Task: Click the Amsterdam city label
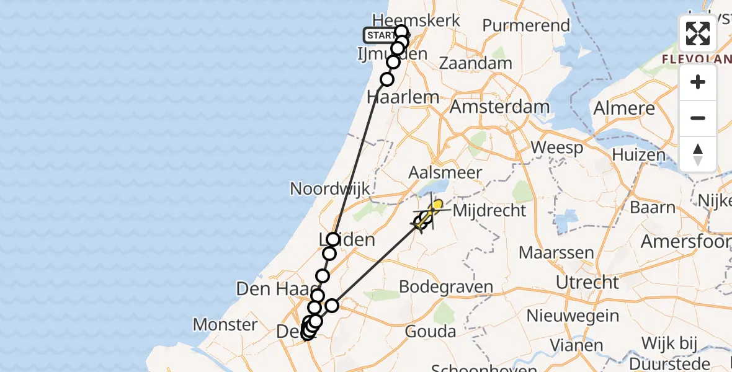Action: click(x=499, y=107)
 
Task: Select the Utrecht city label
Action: click(x=587, y=283)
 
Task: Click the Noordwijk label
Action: click(x=330, y=189)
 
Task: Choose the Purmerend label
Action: click(x=525, y=26)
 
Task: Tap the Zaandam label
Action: click(x=475, y=63)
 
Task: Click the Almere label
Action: click(x=623, y=108)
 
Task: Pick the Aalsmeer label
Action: click(x=445, y=173)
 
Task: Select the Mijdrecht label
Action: click(x=489, y=211)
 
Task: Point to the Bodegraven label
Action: click(x=446, y=287)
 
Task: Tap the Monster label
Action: click(x=225, y=324)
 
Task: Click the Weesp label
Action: click(x=557, y=148)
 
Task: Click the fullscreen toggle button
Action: click(x=698, y=33)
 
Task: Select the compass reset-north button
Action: click(x=698, y=154)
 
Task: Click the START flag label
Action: click(x=380, y=35)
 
